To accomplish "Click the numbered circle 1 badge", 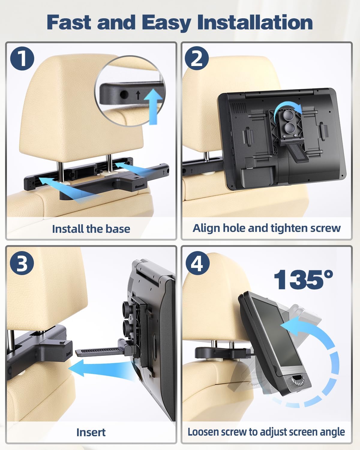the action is click(22, 58).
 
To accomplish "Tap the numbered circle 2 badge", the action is click(196, 58).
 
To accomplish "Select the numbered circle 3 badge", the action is click(22, 263).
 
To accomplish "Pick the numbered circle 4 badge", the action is click(197, 263).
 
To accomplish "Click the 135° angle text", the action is click(303, 280).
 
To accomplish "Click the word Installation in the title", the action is click(255, 22).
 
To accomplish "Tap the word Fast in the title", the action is click(69, 22).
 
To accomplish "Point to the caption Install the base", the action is click(91, 229).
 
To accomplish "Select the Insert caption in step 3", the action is click(91, 432).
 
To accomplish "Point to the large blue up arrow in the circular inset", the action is click(154, 106).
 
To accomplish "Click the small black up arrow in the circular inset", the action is click(138, 95).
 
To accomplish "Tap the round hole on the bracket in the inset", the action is click(124, 95).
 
